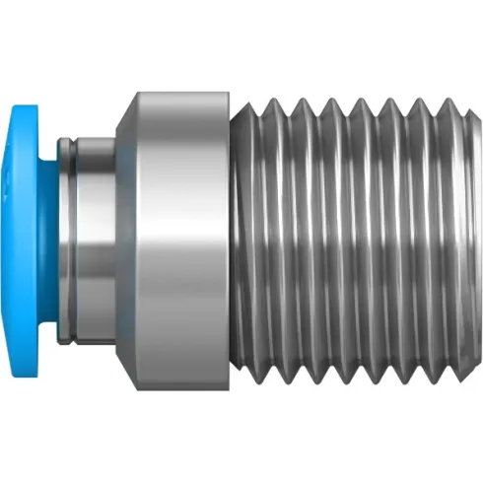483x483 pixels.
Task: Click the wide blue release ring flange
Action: pyautogui.click(x=28, y=241)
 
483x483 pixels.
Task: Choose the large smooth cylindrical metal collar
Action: pyautogui.click(x=182, y=241)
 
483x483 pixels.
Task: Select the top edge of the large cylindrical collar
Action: pyautogui.click(x=182, y=90)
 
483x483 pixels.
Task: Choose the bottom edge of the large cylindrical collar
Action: pyautogui.click(x=182, y=392)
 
